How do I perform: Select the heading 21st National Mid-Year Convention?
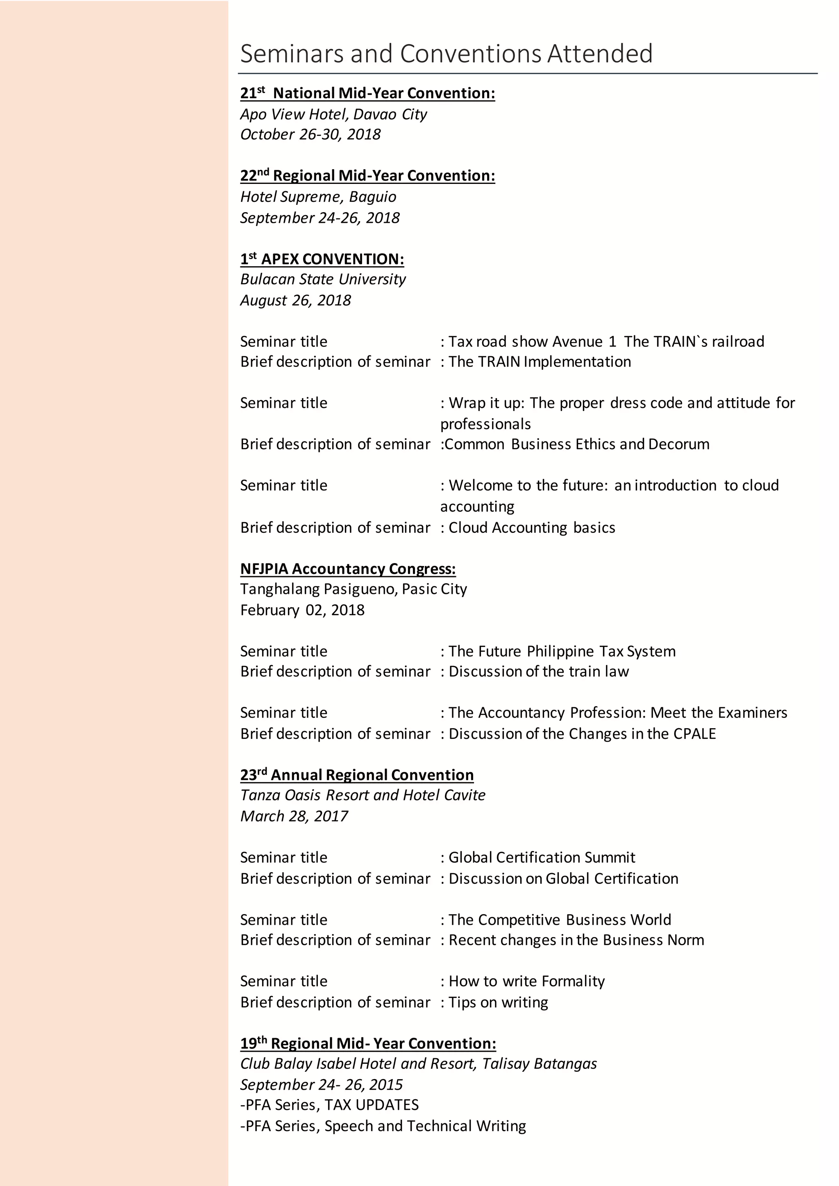367,93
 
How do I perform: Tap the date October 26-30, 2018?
310,134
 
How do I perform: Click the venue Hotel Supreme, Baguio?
318,197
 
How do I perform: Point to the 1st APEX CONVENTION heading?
322,259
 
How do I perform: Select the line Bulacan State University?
323,279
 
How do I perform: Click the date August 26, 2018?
295,300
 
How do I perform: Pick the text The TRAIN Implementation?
540,362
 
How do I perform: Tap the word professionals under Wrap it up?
485,424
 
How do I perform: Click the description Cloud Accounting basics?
532,527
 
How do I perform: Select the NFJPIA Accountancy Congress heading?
348,569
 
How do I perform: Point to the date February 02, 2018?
302,610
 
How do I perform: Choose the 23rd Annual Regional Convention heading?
356,775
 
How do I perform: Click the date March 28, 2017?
294,816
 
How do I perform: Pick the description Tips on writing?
498,1002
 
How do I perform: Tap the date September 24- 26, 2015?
321,1085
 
